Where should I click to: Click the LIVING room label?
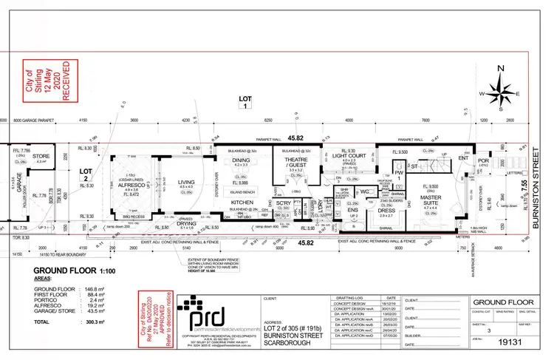pos(186,180)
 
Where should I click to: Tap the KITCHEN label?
pos(243,201)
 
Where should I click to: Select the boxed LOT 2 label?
pos(85,174)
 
